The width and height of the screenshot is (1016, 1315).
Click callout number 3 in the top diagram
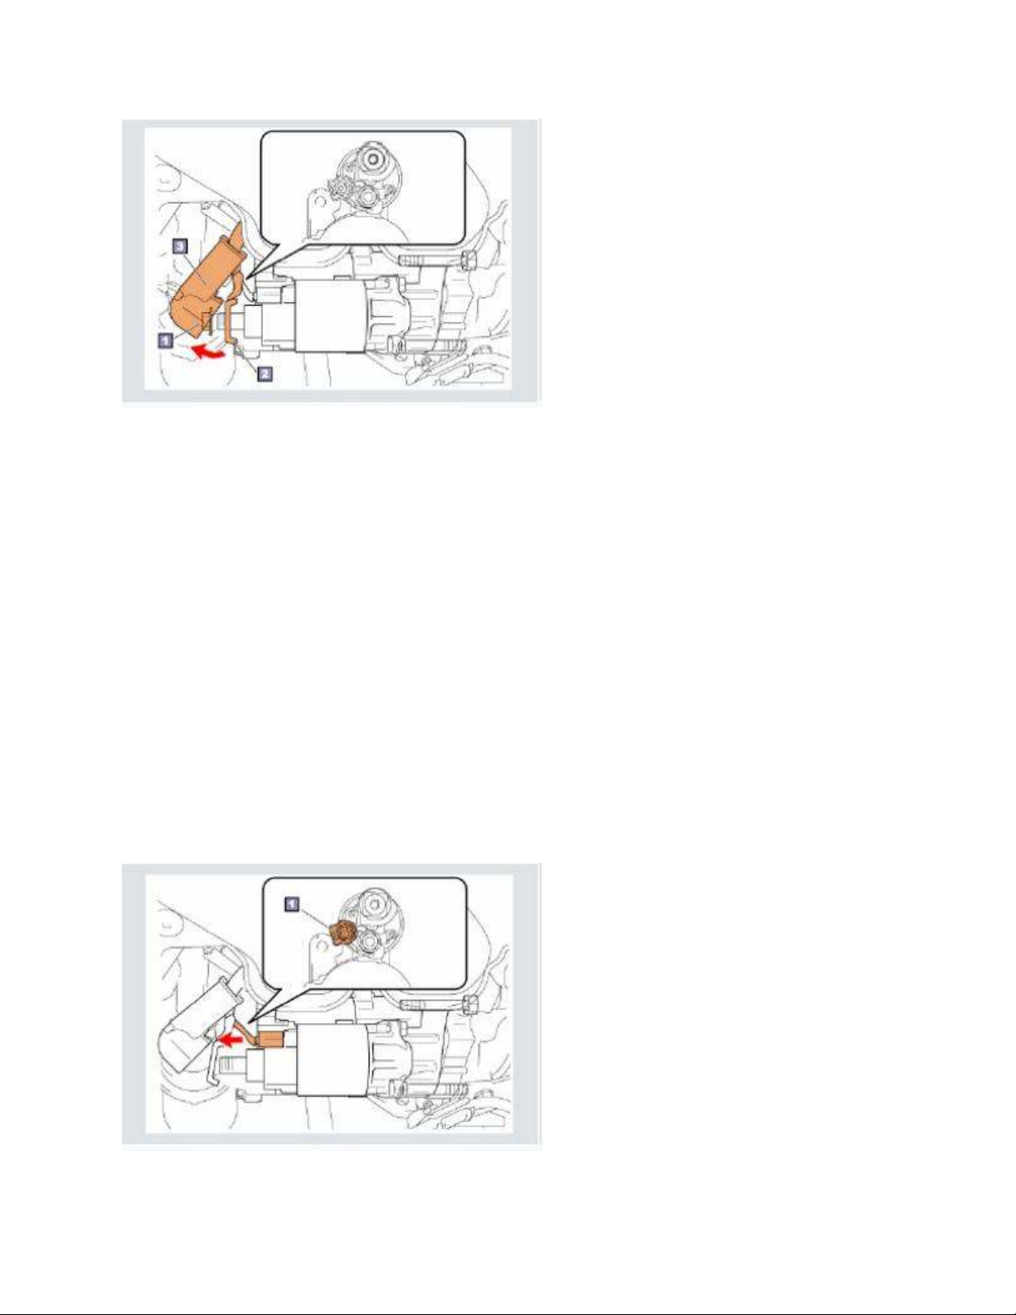pos(181,246)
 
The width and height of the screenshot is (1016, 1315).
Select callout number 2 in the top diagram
pos(265,374)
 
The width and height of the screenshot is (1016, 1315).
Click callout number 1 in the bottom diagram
pos(291,904)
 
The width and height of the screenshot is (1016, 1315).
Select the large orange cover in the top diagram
pos(209,279)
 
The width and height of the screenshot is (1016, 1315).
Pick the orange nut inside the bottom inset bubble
pos(342,933)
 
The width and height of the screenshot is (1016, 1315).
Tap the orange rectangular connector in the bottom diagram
pos(271,1040)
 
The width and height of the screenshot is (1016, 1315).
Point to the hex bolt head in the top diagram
pos(468,261)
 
